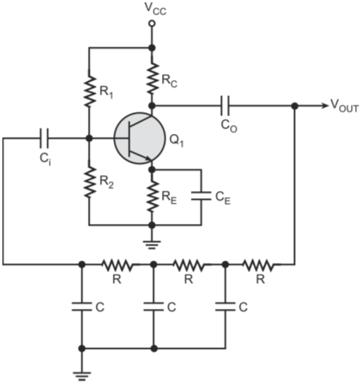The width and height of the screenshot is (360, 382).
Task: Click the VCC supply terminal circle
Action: pyautogui.click(x=152, y=23)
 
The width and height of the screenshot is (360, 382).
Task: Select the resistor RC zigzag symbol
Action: pyautogui.click(x=152, y=79)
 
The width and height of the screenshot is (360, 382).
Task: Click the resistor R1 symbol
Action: pyautogui.click(x=89, y=91)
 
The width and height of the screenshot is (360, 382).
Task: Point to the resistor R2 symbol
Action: pyautogui.click(x=89, y=182)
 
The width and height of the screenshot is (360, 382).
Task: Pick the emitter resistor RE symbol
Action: pyautogui.click(x=152, y=197)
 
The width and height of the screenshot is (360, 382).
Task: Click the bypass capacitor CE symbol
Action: pyautogui.click(x=201, y=196)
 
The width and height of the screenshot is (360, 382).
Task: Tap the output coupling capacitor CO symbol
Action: pyautogui.click(x=224, y=106)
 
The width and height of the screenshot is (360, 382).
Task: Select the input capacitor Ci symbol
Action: pyautogui.click(x=44, y=138)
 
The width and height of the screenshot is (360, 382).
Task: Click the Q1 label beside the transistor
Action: pyautogui.click(x=176, y=140)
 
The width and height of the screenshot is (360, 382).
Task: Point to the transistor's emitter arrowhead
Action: pyautogui.click(x=148, y=158)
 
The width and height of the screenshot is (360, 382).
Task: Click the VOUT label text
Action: pyautogui.click(x=344, y=106)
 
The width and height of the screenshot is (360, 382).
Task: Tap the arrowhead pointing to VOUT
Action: pyautogui.click(x=325, y=106)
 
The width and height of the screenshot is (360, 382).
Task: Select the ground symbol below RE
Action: pyautogui.click(x=152, y=245)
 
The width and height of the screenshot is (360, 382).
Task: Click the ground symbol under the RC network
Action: pyautogui.click(x=82, y=376)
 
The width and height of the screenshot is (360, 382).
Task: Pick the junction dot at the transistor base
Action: pyautogui.click(x=89, y=138)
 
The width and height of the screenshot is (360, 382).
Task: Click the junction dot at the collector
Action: pyautogui.click(x=152, y=106)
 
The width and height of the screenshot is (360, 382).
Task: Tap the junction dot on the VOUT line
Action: pyautogui.click(x=294, y=106)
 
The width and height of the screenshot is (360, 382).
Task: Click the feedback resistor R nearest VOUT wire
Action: pyautogui.click(x=259, y=265)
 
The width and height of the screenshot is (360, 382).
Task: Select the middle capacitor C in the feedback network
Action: pyautogui.click(x=153, y=307)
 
